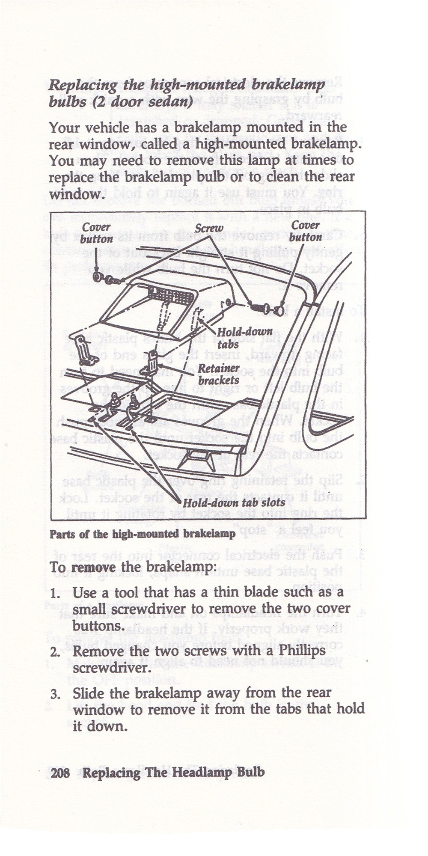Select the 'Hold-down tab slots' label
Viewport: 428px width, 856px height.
point(234,502)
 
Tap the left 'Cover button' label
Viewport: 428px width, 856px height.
point(96,233)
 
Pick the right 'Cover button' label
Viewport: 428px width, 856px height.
point(305,231)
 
